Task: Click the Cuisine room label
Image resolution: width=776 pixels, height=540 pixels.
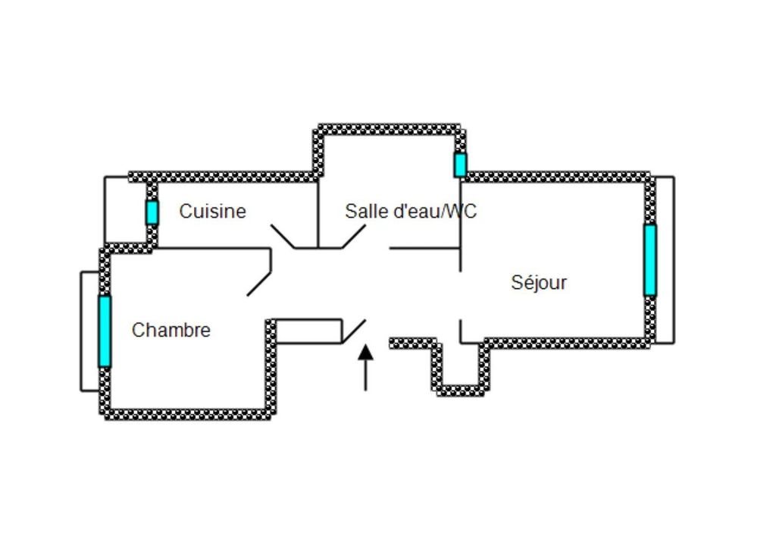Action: pyautogui.click(x=212, y=211)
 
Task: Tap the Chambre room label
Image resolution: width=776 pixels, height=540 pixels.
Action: pyautogui.click(x=171, y=331)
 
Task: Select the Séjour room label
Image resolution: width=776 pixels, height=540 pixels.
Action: pyautogui.click(x=539, y=283)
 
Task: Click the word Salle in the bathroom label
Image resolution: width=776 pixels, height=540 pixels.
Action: pyautogui.click(x=365, y=211)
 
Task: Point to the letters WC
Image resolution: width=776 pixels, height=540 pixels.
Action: pyautogui.click(x=460, y=211)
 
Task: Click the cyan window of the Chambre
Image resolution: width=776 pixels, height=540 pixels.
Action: pyautogui.click(x=104, y=331)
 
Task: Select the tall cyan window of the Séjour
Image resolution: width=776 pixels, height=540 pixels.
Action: pyautogui.click(x=649, y=259)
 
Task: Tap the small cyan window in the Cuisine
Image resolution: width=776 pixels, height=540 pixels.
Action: pyautogui.click(x=152, y=212)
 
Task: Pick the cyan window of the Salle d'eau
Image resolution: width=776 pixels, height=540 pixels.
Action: pyautogui.click(x=460, y=165)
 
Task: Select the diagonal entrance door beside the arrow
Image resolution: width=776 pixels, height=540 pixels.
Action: pyautogui.click(x=353, y=331)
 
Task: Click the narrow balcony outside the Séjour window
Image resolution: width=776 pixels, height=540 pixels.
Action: pyautogui.click(x=665, y=259)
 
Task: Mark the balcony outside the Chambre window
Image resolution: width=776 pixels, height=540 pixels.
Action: pyautogui.click(x=89, y=331)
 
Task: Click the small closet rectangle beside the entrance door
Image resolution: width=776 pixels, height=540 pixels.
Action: pyautogui.click(x=308, y=331)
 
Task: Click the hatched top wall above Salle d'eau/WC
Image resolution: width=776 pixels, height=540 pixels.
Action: pyautogui.click(x=388, y=129)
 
